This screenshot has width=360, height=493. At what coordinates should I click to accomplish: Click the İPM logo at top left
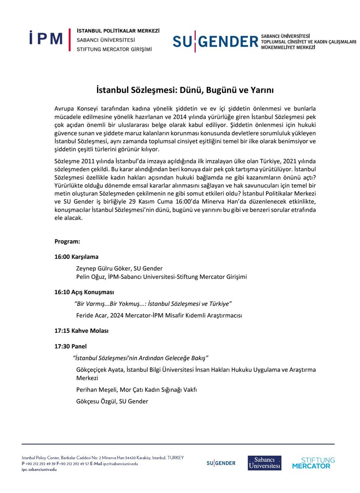tap(46, 39)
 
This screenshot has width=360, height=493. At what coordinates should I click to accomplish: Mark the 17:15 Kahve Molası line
tap(82, 331)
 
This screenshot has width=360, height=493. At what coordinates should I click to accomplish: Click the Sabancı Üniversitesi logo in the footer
tap(264, 463)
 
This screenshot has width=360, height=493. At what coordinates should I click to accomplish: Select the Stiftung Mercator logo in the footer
tap(313, 463)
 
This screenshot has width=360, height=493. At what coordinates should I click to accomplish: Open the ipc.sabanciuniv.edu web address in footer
tap(39, 469)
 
